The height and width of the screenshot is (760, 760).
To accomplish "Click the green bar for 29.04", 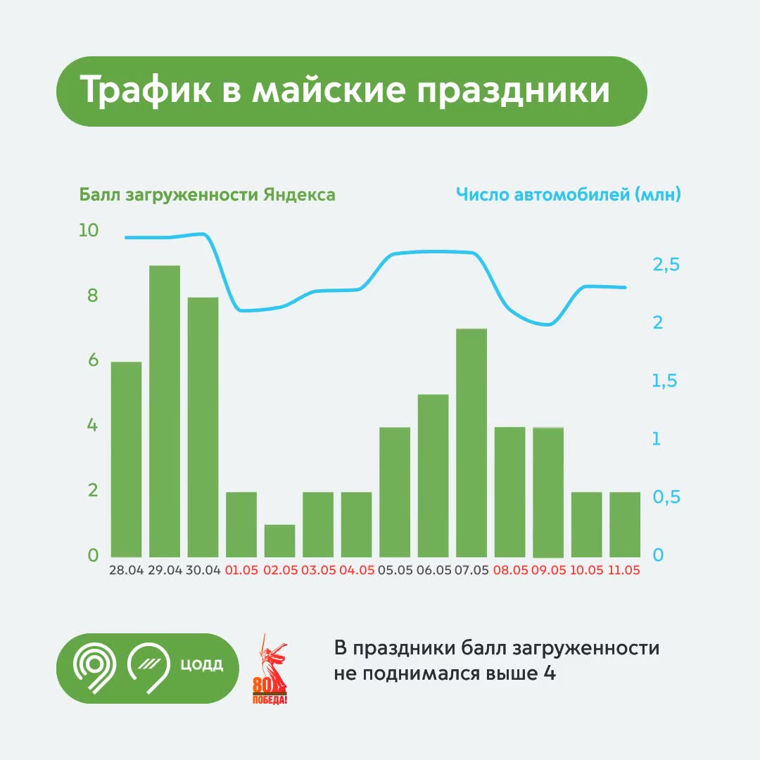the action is pos(164,411).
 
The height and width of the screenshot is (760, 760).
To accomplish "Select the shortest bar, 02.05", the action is pos(279,541).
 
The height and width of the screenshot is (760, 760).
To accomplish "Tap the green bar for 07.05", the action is pos(471,443).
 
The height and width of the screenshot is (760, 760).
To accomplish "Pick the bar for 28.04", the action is pos(126,460).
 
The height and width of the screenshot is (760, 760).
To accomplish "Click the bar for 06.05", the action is pos(433,476).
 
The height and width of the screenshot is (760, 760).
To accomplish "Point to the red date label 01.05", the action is pos(241,570).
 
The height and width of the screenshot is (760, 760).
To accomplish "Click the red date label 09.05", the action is pos(549,570).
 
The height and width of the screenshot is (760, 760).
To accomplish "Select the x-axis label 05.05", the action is pos(395,570).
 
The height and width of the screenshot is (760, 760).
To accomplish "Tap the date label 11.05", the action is pos(623,570).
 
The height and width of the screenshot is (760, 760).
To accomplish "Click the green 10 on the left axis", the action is pos(89,230).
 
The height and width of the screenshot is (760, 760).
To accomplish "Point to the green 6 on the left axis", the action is pos(93,360).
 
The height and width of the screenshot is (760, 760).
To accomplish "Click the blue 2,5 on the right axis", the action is pos(666,265).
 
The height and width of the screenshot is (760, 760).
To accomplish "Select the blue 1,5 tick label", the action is pos(664,381).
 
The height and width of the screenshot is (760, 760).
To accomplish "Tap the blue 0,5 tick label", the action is pos(666,498).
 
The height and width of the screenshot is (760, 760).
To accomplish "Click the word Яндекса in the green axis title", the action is pos(299,195).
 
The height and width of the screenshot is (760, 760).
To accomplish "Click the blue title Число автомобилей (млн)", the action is pos(569,195).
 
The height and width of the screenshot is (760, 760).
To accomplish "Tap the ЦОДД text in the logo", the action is pos(202,664).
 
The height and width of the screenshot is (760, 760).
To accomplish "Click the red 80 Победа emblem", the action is pos(270,669).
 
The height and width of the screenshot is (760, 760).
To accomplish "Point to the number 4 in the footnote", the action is pos(549,673).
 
